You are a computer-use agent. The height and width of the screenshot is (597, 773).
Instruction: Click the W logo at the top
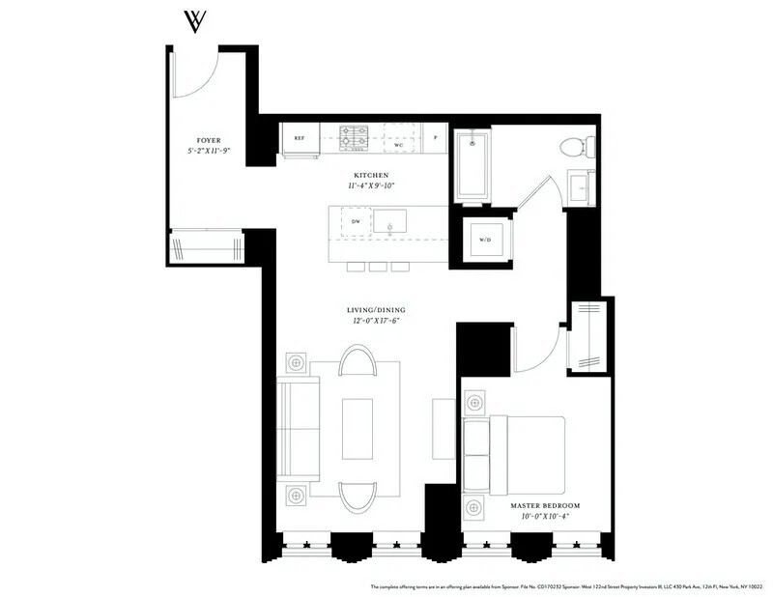pos(196,20)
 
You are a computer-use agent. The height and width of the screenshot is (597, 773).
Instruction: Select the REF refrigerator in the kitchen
pos(300,139)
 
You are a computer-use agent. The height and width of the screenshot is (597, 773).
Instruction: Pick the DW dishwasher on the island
pos(356,221)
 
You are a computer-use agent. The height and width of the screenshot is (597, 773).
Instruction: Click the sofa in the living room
pos(298,429)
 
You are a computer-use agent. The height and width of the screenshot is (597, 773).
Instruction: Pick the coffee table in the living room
pos(357,428)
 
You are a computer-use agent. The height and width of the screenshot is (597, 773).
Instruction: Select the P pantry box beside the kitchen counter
pos(437,139)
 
